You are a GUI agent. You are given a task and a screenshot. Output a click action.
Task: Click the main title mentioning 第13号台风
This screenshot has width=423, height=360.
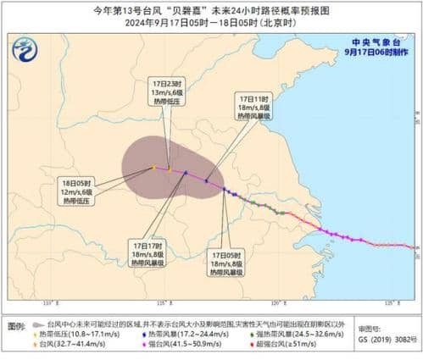211,8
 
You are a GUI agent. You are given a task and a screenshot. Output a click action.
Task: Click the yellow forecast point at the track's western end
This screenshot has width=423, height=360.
153,168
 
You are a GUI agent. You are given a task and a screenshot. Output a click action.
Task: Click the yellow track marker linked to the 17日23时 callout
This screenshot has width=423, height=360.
170,170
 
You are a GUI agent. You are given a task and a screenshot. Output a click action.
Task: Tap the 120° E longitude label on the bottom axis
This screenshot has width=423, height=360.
276,302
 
